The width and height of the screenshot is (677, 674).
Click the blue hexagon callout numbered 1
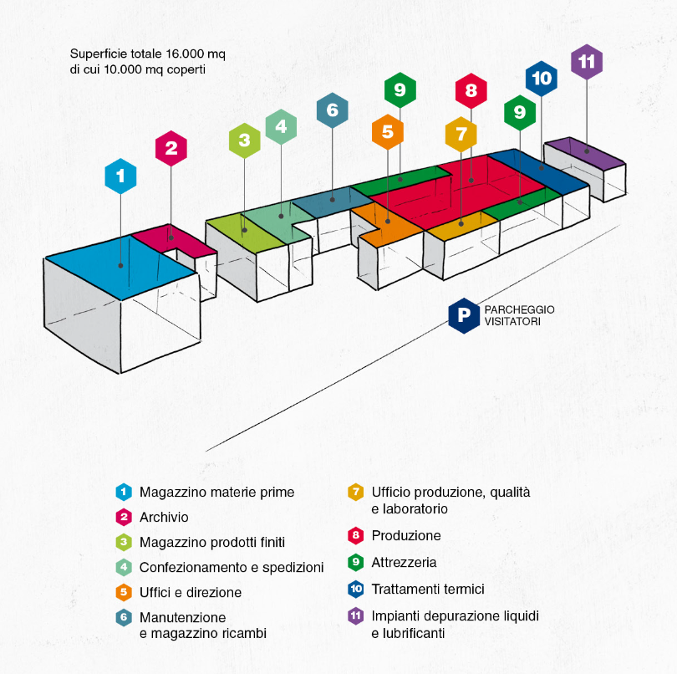(120, 176)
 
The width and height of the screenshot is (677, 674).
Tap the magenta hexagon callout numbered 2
(171, 148)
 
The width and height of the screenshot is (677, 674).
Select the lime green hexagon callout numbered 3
(244, 140)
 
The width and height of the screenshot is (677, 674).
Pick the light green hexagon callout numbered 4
(281, 127)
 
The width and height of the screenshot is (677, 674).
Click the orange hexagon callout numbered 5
(387, 131)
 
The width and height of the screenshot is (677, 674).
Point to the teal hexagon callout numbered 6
(332, 110)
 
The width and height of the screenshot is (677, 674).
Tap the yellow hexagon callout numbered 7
(461, 134)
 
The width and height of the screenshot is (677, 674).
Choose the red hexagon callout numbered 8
(471, 91)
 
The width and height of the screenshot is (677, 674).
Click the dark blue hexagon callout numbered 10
(542, 79)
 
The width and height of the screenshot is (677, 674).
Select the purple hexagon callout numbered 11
(586, 61)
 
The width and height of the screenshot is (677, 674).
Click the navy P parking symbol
(463, 314)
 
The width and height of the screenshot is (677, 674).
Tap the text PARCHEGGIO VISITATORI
(519, 315)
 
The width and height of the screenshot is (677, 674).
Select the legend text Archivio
(164, 518)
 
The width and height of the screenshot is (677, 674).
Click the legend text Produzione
(405, 535)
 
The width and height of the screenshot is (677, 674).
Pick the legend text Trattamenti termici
(427, 590)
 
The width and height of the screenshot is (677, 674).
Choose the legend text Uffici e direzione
(191, 592)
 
